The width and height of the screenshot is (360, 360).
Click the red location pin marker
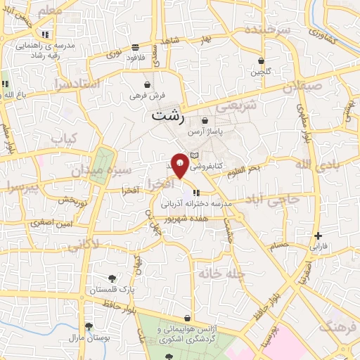coord(181,165)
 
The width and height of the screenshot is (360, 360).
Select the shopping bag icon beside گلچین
coord(262,61)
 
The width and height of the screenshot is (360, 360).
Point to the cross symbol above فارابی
coord(319,236)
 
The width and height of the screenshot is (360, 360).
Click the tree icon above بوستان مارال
coord(89,326)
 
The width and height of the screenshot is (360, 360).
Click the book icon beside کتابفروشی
coord(195,155)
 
